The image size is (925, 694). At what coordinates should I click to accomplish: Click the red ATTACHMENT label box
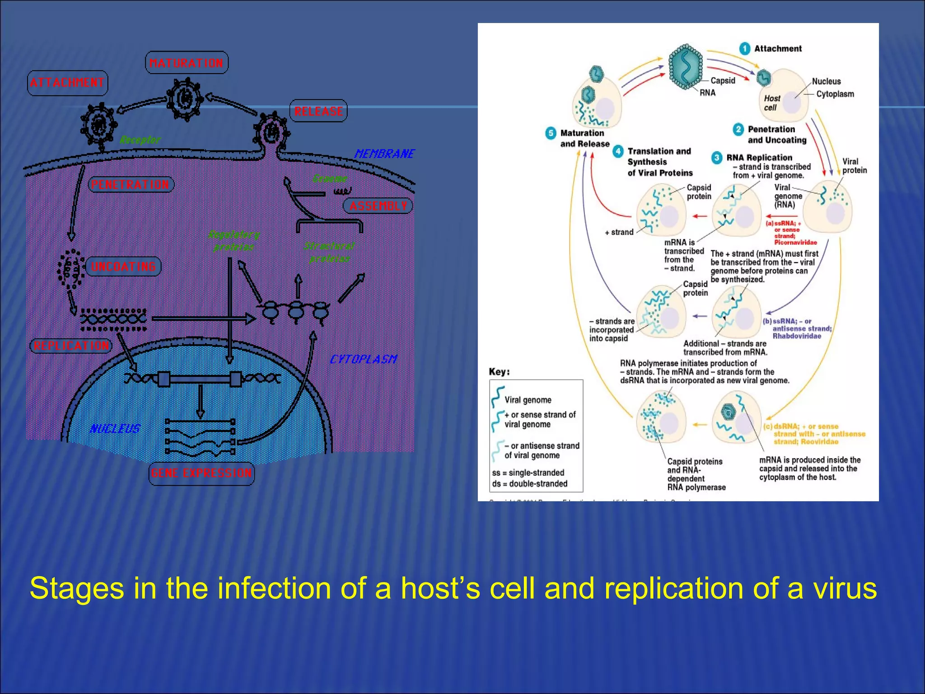click(x=67, y=83)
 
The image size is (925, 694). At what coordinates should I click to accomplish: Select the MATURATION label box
click(x=187, y=63)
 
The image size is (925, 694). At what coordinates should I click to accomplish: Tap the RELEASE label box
click(x=318, y=111)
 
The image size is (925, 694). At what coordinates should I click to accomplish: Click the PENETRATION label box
click(x=131, y=184)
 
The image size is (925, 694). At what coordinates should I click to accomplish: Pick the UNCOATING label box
click(x=123, y=267)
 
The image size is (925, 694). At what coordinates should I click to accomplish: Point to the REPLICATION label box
click(x=71, y=346)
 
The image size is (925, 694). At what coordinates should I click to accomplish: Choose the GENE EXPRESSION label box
click(x=201, y=473)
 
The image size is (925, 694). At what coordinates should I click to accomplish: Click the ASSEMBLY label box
click(x=378, y=206)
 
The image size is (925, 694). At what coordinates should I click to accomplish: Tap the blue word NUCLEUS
click(x=115, y=428)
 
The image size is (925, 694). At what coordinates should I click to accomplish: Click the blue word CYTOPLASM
click(x=363, y=359)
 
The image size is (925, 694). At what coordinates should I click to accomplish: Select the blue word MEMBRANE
click(x=384, y=154)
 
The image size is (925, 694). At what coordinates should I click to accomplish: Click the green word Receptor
click(x=140, y=140)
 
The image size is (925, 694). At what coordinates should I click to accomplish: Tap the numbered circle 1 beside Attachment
click(x=744, y=48)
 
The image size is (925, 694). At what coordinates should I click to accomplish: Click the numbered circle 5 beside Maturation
click(x=550, y=133)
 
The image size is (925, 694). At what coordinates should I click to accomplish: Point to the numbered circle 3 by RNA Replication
click(x=716, y=158)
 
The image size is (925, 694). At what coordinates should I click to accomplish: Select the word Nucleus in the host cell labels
click(x=826, y=81)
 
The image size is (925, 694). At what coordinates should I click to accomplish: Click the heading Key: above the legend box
click(x=499, y=371)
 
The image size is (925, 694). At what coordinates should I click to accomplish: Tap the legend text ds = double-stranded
click(x=529, y=483)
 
